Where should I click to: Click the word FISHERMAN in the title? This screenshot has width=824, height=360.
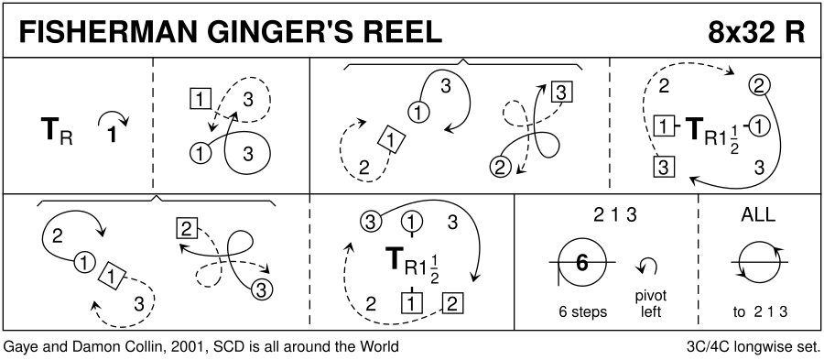pyautogui.click(x=103, y=33)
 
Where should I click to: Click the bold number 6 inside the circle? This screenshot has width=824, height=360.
pyautogui.click(x=581, y=262)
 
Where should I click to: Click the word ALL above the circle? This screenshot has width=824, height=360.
pyautogui.click(x=759, y=214)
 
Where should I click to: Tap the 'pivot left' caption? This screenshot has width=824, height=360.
pyautogui.click(x=651, y=303)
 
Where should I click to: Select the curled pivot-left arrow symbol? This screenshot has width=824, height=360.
pyautogui.click(x=646, y=266)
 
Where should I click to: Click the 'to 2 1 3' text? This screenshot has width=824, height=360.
pyautogui.click(x=760, y=311)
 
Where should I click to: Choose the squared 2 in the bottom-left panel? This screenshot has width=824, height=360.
pyautogui.click(x=187, y=229)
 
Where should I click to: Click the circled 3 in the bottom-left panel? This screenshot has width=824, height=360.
pyautogui.click(x=262, y=289)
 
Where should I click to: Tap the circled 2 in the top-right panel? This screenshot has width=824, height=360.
pyautogui.click(x=758, y=86)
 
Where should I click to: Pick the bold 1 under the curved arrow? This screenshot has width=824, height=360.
pyautogui.click(x=112, y=135)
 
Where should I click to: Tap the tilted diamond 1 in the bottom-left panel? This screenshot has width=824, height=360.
pyautogui.click(x=112, y=275)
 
